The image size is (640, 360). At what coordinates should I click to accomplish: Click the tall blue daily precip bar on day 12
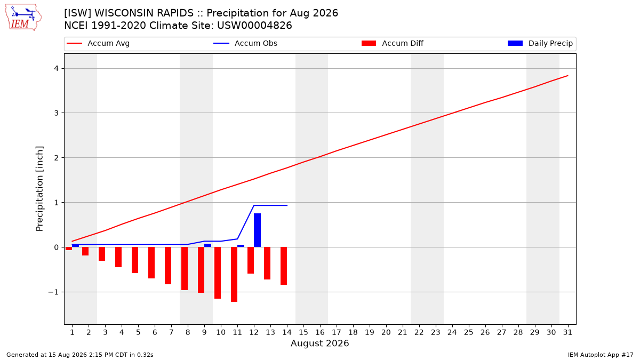(257, 230)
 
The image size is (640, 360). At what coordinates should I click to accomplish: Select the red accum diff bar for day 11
(234, 274)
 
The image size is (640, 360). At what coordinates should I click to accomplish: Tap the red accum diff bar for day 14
(284, 266)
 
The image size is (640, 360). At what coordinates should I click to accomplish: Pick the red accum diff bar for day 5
(135, 260)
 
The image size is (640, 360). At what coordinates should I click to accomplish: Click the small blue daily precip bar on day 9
(207, 245)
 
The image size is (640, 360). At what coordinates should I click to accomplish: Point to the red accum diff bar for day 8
(185, 269)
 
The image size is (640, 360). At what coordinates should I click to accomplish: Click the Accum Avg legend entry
(98, 43)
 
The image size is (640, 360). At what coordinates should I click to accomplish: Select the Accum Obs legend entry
(245, 43)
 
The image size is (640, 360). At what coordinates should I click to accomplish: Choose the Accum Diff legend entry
(393, 43)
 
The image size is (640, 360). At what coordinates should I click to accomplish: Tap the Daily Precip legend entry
(540, 43)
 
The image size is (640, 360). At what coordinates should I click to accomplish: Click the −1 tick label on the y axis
(53, 292)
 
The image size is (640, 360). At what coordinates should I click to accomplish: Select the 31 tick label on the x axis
(567, 332)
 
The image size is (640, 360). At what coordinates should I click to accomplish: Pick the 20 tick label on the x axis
(386, 332)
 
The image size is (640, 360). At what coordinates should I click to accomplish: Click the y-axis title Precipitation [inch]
(39, 189)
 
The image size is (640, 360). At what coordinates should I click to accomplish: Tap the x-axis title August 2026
(319, 343)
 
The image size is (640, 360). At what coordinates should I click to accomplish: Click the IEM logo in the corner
(23, 18)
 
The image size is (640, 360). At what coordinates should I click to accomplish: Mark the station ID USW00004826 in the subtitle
(254, 26)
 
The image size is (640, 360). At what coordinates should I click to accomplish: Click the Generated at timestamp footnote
(79, 355)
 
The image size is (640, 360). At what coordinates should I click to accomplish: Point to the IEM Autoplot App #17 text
(601, 355)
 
